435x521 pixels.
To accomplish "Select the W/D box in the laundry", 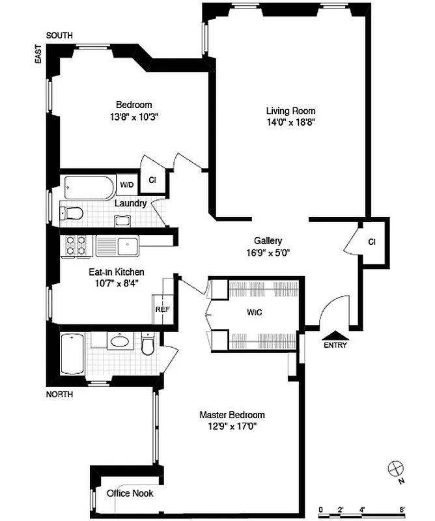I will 126,185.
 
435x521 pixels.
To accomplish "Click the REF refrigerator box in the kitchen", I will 162,309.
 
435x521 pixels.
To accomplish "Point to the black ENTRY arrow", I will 335,334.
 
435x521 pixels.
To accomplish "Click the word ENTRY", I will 335,345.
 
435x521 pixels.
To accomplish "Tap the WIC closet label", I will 254,311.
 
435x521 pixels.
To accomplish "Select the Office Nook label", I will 130,494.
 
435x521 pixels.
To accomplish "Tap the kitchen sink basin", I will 127,246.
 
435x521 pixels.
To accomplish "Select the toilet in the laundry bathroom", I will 72,212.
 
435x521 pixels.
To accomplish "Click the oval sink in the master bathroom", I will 119,340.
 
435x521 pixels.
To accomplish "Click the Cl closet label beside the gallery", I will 371,242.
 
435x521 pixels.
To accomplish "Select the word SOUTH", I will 59,35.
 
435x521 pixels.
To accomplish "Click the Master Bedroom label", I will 232,415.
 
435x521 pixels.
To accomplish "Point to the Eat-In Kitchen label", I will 117,272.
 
